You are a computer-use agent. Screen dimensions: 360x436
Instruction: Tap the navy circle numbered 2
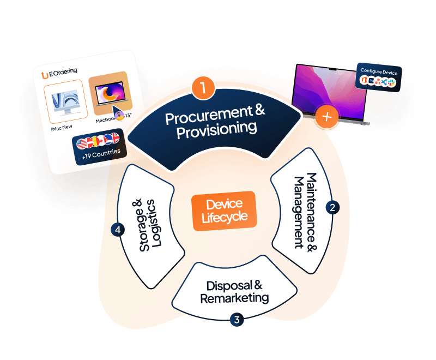pyautogui.click(x=332, y=207)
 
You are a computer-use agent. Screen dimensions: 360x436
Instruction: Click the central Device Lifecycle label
pyautogui.click(x=224, y=211)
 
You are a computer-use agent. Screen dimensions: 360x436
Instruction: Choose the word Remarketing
pyautogui.click(x=234, y=298)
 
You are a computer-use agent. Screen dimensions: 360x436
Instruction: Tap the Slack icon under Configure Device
pyautogui.click(x=391, y=82)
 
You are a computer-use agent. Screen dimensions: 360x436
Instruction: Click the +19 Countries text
pyautogui.click(x=100, y=153)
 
